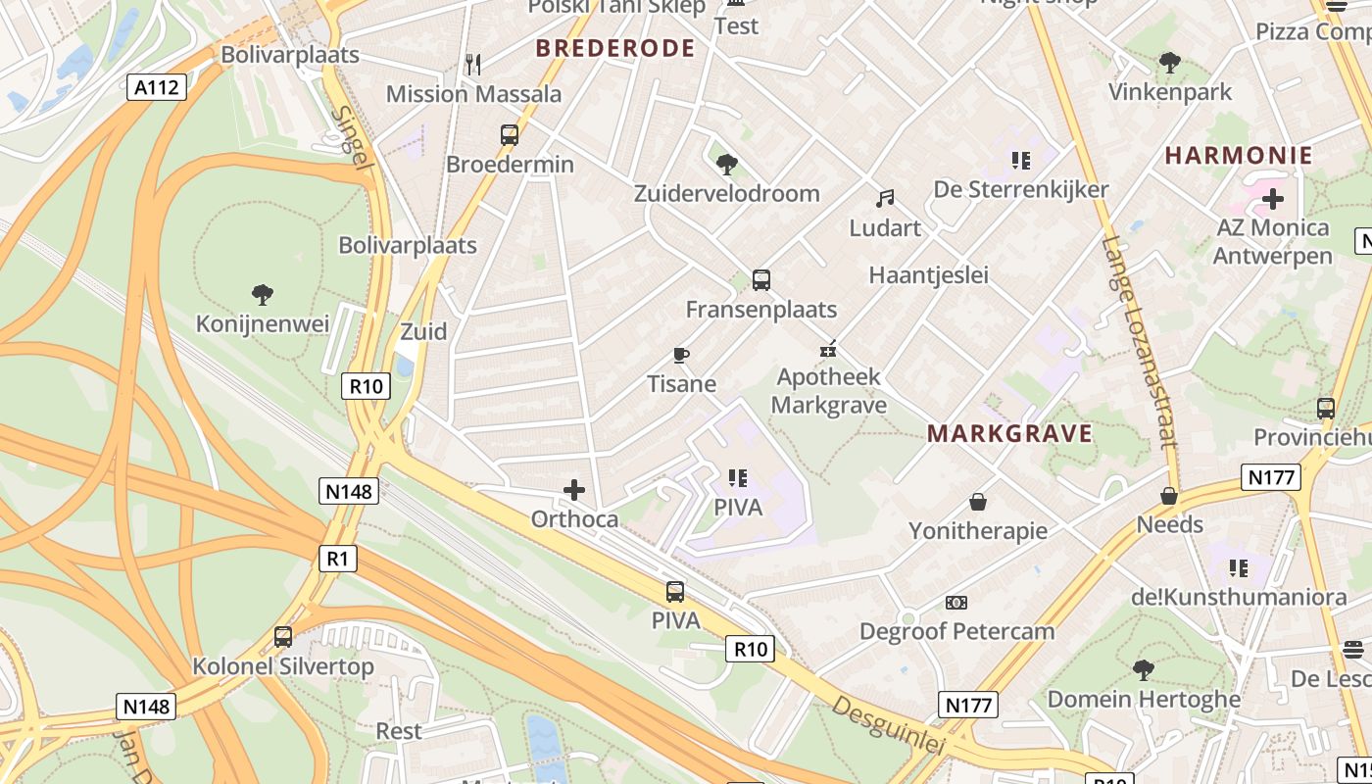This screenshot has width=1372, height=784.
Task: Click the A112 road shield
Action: [157, 88]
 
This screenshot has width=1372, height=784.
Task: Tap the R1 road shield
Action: [337, 559]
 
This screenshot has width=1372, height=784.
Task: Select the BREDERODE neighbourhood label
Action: [615, 48]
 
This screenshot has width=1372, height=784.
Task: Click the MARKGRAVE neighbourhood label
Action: [1009, 434]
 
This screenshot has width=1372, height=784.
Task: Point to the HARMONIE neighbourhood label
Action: [1239, 155]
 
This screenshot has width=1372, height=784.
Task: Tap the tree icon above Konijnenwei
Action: [262, 294]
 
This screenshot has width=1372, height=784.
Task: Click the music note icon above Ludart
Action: [885, 199]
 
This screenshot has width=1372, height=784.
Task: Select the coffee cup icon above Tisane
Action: [681, 355]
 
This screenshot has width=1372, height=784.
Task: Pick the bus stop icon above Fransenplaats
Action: [761, 280]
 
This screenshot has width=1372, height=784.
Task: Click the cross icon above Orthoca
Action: [574, 489]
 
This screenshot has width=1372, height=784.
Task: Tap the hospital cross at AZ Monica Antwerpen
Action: [1272, 199]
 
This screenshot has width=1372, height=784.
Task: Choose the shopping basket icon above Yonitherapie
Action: [977, 502]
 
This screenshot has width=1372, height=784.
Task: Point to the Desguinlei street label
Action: [889, 725]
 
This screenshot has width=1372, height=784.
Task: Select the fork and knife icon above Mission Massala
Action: [473, 65]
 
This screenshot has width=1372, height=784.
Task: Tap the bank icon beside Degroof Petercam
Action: [955, 602]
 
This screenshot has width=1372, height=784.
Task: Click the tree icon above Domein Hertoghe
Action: [1143, 670]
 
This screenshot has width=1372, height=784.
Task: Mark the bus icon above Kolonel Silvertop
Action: [283, 637]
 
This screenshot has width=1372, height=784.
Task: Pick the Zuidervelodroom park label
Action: [726, 193]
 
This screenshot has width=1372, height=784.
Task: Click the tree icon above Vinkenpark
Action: [1169, 64]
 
